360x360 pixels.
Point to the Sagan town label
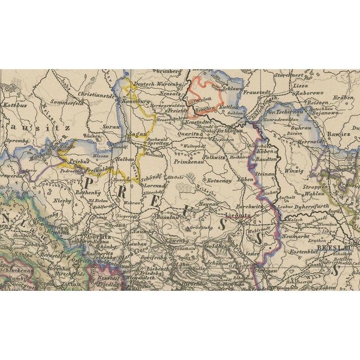(x=138, y=134)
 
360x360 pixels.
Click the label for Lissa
(x=301, y=86)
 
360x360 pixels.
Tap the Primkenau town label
(x=189, y=161)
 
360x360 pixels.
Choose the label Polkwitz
(x=215, y=159)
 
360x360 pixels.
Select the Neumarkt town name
(x=300, y=238)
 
